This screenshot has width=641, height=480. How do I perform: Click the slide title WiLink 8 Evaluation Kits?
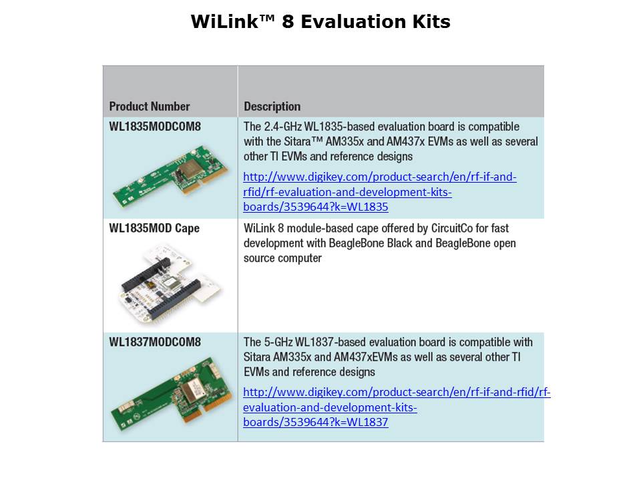click(x=320, y=21)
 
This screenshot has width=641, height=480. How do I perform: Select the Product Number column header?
click(x=149, y=106)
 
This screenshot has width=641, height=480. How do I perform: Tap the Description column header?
click(x=272, y=107)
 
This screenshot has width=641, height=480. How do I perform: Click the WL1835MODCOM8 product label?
click(x=155, y=126)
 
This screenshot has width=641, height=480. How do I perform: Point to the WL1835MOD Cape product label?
click(x=154, y=228)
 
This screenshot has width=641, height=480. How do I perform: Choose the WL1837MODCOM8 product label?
click(x=155, y=341)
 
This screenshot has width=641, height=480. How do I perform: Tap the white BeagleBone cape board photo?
click(x=170, y=281)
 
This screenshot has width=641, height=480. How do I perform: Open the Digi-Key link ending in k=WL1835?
click(x=380, y=192)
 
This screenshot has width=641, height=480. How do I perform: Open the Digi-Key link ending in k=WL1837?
click(x=397, y=407)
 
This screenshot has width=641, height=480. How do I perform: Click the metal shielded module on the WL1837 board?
click(x=191, y=389)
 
